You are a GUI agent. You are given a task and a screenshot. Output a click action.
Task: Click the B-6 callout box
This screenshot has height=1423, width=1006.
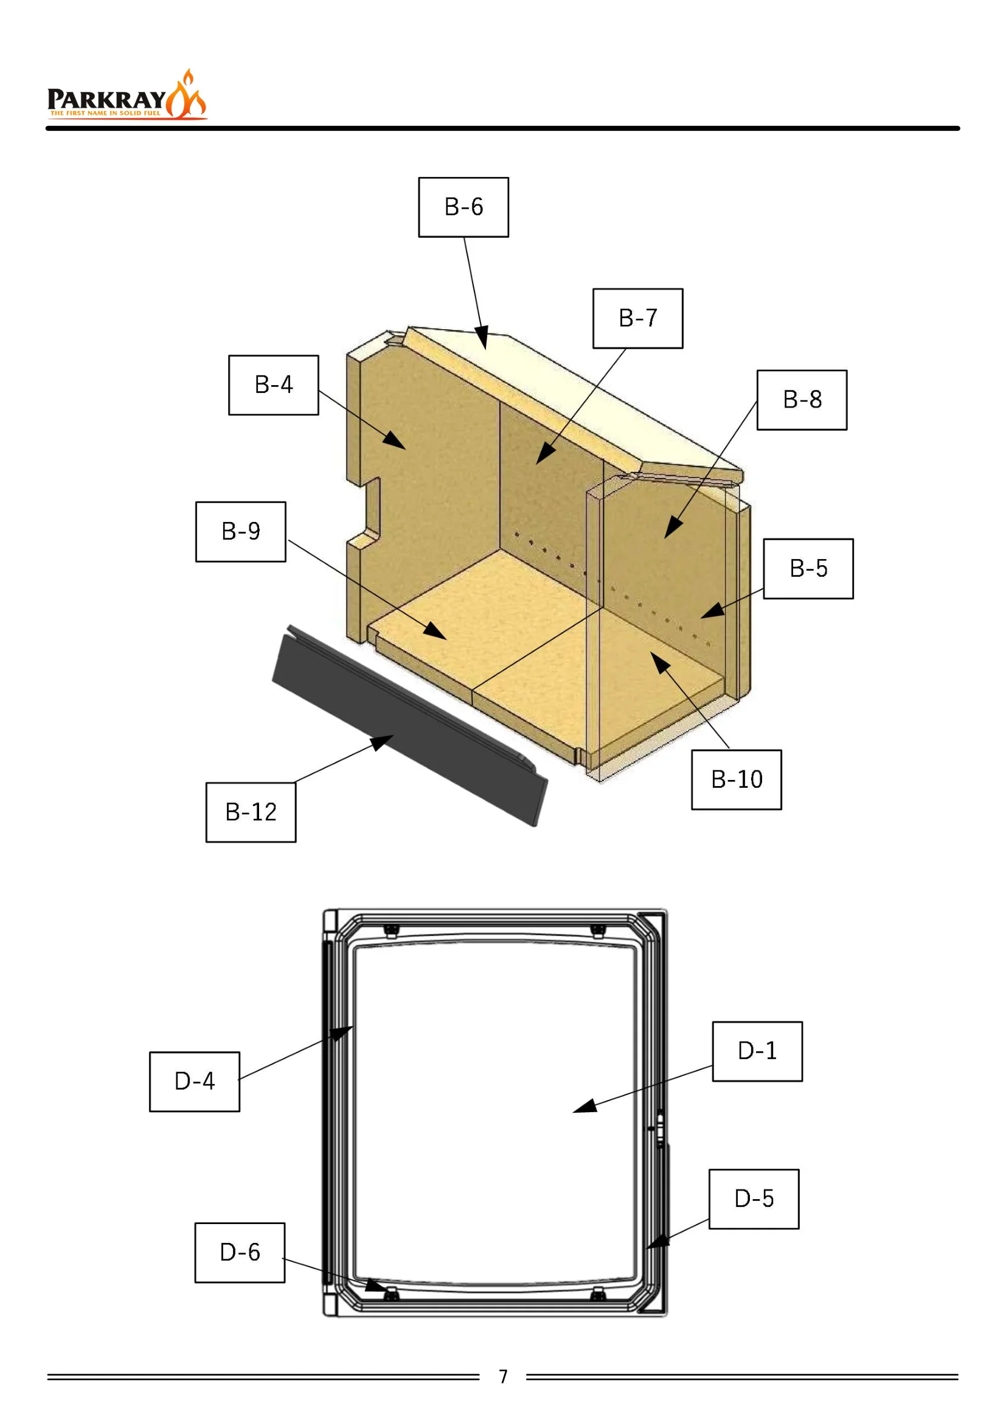click(x=463, y=207)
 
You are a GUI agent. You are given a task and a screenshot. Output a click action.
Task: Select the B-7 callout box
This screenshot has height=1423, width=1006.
click(x=638, y=319)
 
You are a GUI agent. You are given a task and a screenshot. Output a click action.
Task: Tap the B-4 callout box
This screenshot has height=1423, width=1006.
click(x=274, y=385)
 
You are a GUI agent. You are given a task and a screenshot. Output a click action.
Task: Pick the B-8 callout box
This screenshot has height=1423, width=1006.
click(x=802, y=400)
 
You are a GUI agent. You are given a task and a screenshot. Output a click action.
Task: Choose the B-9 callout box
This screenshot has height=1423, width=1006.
click(x=241, y=532)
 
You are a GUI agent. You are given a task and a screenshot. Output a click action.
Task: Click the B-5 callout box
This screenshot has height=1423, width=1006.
click(x=808, y=569)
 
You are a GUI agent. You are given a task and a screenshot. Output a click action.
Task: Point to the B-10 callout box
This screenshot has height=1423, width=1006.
click(x=737, y=780)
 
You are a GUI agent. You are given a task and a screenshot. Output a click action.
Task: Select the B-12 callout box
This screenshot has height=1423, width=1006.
click(x=251, y=813)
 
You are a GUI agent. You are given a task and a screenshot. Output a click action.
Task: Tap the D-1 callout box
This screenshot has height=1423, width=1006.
click(x=758, y=1052)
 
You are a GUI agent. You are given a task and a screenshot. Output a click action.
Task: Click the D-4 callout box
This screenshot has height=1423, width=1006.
click(x=195, y=1082)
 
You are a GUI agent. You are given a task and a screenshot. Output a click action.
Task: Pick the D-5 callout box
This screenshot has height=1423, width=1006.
click(x=754, y=1199)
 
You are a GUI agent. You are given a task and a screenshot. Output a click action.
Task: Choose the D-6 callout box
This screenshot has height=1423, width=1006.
click(x=240, y=1253)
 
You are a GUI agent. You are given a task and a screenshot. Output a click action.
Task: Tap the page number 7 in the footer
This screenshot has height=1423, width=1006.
click(x=503, y=1377)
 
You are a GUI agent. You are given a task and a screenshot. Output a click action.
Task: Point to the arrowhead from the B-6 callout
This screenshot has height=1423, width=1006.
click(x=482, y=337)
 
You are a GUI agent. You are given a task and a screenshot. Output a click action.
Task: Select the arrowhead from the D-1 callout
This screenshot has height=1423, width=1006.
click(x=585, y=1106)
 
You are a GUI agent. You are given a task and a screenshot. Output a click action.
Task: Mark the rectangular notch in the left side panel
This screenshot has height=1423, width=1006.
click(x=370, y=509)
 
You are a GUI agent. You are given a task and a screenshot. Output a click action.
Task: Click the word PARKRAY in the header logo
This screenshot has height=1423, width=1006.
click(x=106, y=100)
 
